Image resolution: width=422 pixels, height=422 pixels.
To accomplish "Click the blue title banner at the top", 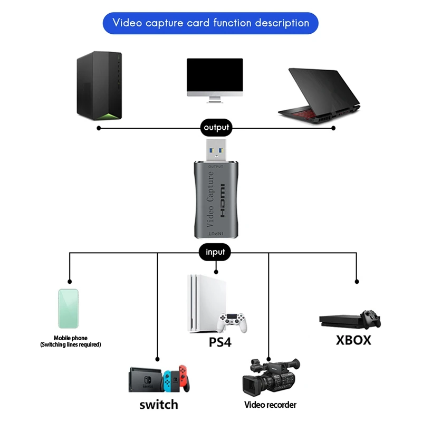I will click(210, 23).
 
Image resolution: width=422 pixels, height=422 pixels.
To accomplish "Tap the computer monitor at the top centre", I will click(215, 79).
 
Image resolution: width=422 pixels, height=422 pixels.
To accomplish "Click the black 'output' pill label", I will click(216, 127).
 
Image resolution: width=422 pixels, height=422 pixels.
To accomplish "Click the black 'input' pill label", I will click(215, 252).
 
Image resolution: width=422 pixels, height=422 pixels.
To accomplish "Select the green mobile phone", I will click(68, 309).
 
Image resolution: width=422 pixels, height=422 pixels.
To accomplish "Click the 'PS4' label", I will click(220, 342).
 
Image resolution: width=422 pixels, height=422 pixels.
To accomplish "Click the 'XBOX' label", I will click(353, 340).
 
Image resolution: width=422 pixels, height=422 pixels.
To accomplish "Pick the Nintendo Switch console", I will click(158, 379).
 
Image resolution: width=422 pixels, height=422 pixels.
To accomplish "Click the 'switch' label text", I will click(158, 405).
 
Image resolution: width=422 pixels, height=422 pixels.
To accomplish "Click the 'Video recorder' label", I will click(270, 405).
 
